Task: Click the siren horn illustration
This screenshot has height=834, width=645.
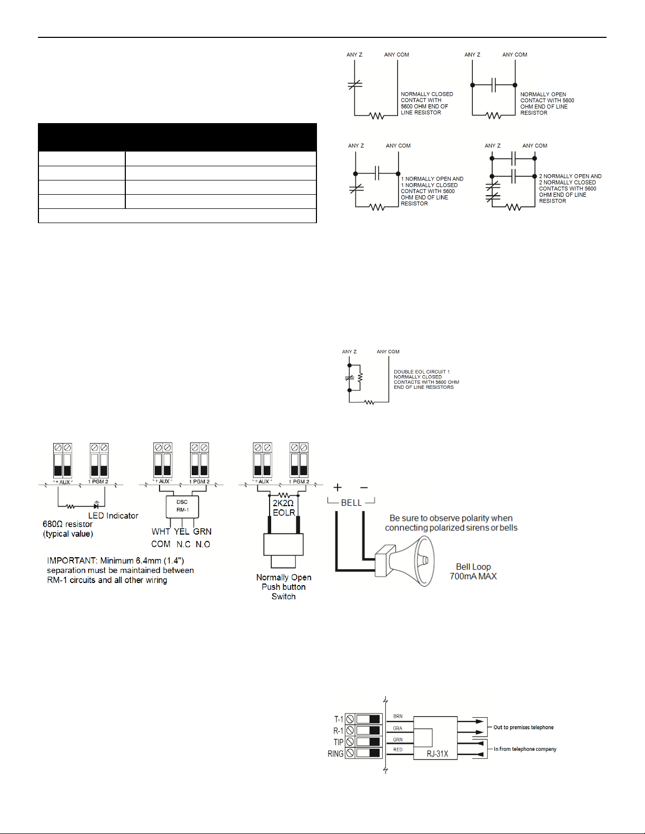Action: coord(408,560)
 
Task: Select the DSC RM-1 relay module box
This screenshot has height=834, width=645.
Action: coord(182,506)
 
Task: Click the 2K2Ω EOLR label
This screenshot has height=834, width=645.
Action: coord(284,508)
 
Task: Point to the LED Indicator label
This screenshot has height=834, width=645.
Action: coord(113,516)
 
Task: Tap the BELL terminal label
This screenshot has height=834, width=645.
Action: coord(351,503)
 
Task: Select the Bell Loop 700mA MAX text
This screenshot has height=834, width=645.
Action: coord(473,571)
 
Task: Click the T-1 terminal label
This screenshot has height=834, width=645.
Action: coord(339,719)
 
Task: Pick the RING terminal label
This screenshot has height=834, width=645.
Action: coord(335,753)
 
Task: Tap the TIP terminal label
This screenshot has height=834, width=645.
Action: coord(338,742)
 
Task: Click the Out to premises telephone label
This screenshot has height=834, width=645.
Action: coord(523,727)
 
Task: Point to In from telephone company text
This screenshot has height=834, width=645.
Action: coord(525,749)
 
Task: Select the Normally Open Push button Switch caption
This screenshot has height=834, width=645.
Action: coord(284,587)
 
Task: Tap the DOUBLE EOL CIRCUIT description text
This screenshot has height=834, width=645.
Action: coord(426,379)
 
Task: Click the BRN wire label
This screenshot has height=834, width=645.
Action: coord(398,716)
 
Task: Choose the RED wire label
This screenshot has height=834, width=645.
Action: coord(398,750)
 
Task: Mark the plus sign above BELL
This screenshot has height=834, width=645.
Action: coord(338,487)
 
